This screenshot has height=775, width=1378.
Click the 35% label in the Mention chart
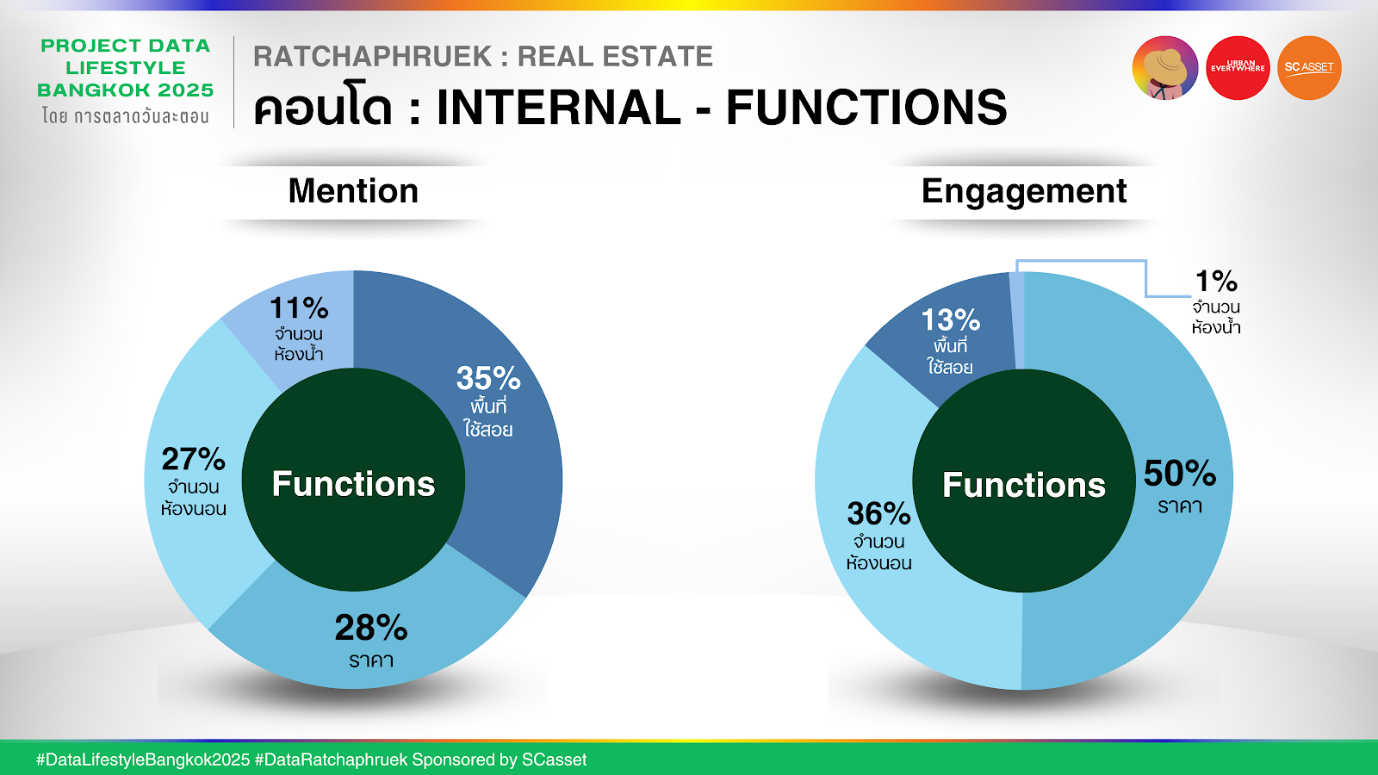488,378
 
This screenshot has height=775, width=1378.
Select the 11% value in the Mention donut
299,307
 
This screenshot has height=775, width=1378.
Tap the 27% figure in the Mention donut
194,459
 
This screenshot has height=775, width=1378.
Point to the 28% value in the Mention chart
371,628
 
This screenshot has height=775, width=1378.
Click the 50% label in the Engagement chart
1180,474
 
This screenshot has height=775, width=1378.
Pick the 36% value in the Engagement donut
879,513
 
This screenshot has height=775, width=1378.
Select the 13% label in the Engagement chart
951,319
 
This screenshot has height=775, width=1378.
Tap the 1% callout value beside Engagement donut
1215,281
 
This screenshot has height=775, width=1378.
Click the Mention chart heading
353,190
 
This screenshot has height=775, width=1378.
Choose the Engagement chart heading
1024,192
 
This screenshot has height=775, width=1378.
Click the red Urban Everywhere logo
1238,68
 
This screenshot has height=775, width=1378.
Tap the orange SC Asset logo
1309,68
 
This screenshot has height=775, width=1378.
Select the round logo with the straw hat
1165,68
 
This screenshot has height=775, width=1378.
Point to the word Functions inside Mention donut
354,483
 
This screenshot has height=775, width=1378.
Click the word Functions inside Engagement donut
1024,485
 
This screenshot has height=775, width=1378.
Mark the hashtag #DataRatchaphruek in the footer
331,760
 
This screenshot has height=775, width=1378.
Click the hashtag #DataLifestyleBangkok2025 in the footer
143,760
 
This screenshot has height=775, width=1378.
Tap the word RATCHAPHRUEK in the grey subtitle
373,57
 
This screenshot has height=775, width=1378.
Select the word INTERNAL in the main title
559,108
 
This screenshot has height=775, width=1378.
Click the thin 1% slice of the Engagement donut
1017,320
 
